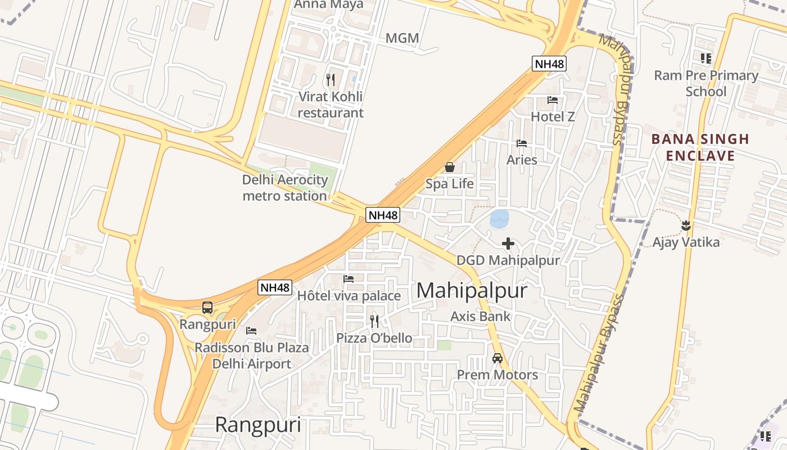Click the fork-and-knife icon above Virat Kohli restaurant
331,80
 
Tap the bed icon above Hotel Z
553,100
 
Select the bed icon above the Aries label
522,143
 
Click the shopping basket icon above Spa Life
449,167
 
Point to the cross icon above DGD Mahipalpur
508,244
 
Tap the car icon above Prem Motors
497,358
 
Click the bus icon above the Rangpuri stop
207,308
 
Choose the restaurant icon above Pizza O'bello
374,321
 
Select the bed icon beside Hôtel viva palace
349,278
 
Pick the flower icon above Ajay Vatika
685,226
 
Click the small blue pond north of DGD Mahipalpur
499,219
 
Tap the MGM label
402,38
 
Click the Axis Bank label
481,316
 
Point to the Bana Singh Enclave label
700,147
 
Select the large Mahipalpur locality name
472,291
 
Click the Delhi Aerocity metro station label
285,188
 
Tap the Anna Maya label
329,4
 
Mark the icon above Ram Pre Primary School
705,58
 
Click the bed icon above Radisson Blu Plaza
251,331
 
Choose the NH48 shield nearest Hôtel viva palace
275,287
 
